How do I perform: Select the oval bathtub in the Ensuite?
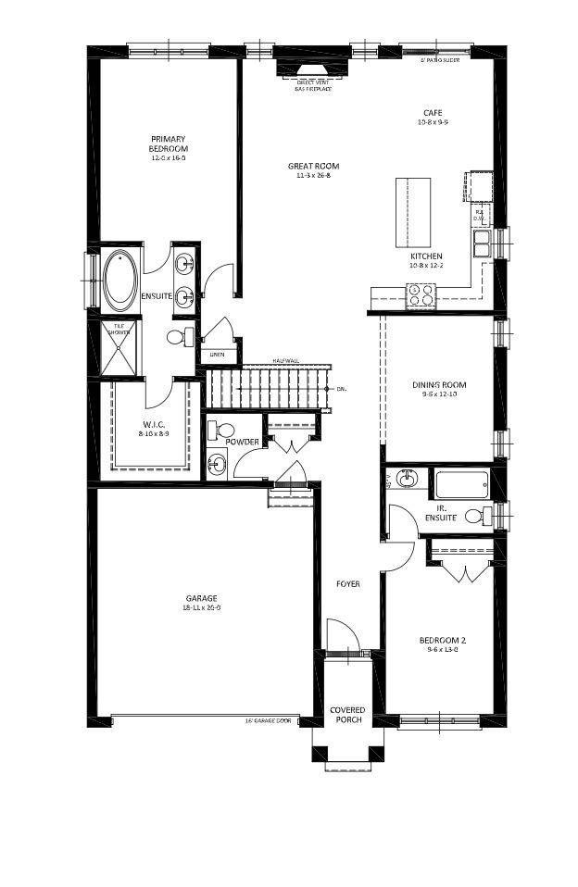pyautogui.click(x=120, y=281)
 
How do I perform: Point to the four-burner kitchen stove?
pyautogui.click(x=421, y=295)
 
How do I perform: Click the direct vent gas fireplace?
pyautogui.click(x=313, y=74)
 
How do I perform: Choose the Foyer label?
pyautogui.click(x=348, y=584)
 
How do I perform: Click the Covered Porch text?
pyautogui.click(x=347, y=715)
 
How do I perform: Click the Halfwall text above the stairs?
pyautogui.click(x=285, y=361)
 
